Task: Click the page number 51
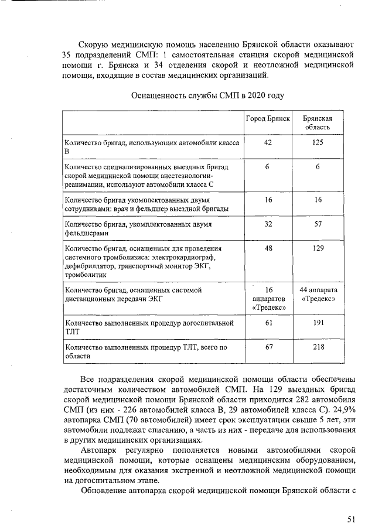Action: click(x=351, y=518)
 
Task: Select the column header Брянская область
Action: click(x=318, y=122)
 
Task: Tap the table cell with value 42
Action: click(x=268, y=142)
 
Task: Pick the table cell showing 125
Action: click(x=318, y=142)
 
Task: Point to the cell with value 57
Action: click(x=318, y=224)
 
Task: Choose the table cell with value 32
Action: click(x=268, y=224)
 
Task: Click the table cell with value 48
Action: click(x=268, y=248)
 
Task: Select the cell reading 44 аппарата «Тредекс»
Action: click(x=318, y=294)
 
